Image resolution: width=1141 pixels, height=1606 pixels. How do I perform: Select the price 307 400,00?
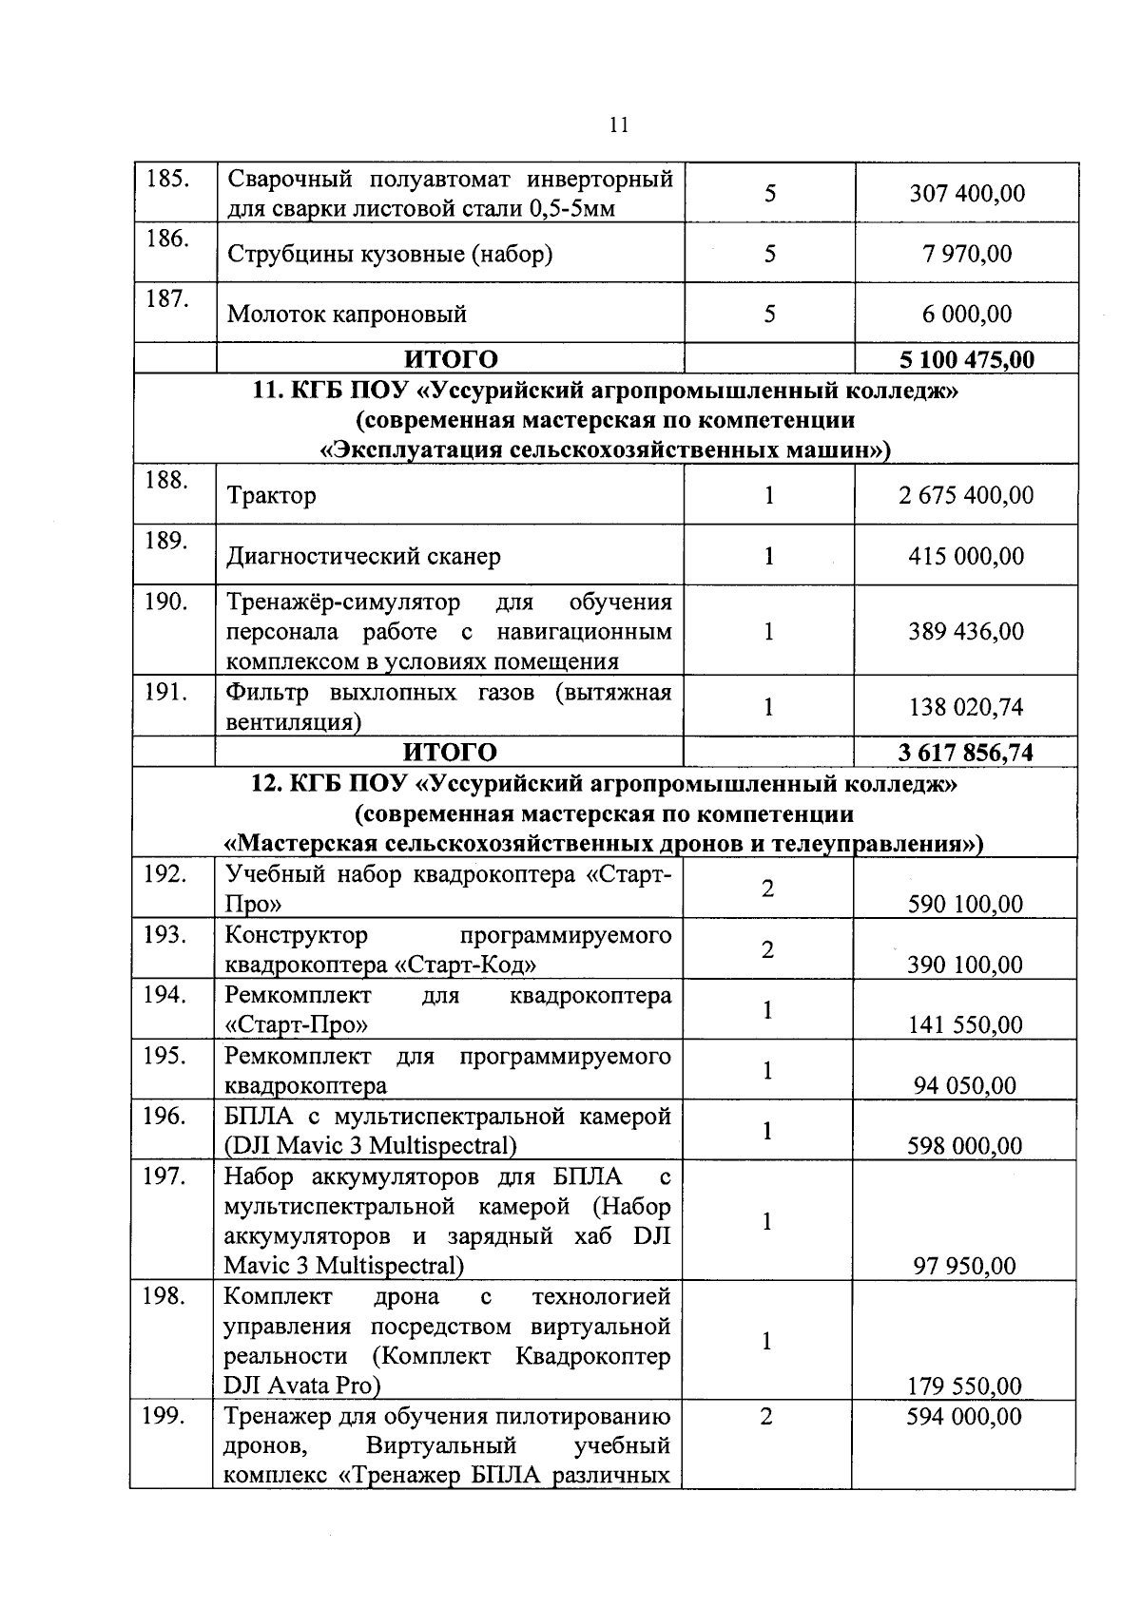coord(966,194)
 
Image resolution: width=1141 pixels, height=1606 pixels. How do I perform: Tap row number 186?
coord(167,239)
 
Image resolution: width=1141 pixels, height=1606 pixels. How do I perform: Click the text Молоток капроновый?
coord(347,315)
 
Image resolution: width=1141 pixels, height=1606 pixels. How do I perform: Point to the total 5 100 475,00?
coord(966,360)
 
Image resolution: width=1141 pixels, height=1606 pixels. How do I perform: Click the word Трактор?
coord(271,496)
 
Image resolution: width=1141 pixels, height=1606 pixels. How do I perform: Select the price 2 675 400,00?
coord(966,496)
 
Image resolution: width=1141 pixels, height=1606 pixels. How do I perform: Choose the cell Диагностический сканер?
coord(363,557)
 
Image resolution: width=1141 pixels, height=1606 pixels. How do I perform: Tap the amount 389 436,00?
coord(966,632)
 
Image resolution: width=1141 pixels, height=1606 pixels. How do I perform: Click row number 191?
coord(167,693)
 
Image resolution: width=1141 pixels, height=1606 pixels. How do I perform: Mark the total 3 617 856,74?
coord(965,754)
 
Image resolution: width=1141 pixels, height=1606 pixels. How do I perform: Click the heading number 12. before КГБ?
coord(265,785)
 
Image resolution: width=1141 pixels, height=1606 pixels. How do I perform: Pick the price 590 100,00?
coord(965,905)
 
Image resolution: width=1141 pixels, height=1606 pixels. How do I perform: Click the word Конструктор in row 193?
coord(296,936)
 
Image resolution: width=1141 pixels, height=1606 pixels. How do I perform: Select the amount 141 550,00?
coord(965,1025)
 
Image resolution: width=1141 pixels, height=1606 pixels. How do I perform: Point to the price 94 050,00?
coord(965,1086)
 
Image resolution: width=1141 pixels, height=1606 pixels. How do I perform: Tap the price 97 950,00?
coord(965,1267)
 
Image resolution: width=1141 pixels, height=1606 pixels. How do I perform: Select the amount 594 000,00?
coord(964,1418)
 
